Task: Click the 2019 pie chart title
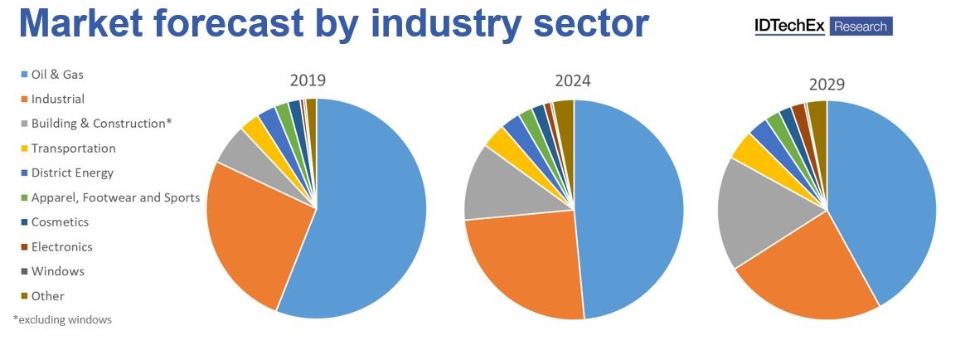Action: pos(308,80)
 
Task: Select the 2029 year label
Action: pos(827,85)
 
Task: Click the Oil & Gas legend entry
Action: pos(57,74)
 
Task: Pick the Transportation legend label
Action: pos(73,148)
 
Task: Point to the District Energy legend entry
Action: pos(72,173)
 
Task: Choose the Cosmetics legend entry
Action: pos(60,222)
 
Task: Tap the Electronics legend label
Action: pos(61,246)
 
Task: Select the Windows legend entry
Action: pos(57,271)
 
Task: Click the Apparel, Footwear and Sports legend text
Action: pos(115,197)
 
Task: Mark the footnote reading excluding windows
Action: pos(62,319)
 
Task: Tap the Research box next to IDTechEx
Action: pos(860,27)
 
